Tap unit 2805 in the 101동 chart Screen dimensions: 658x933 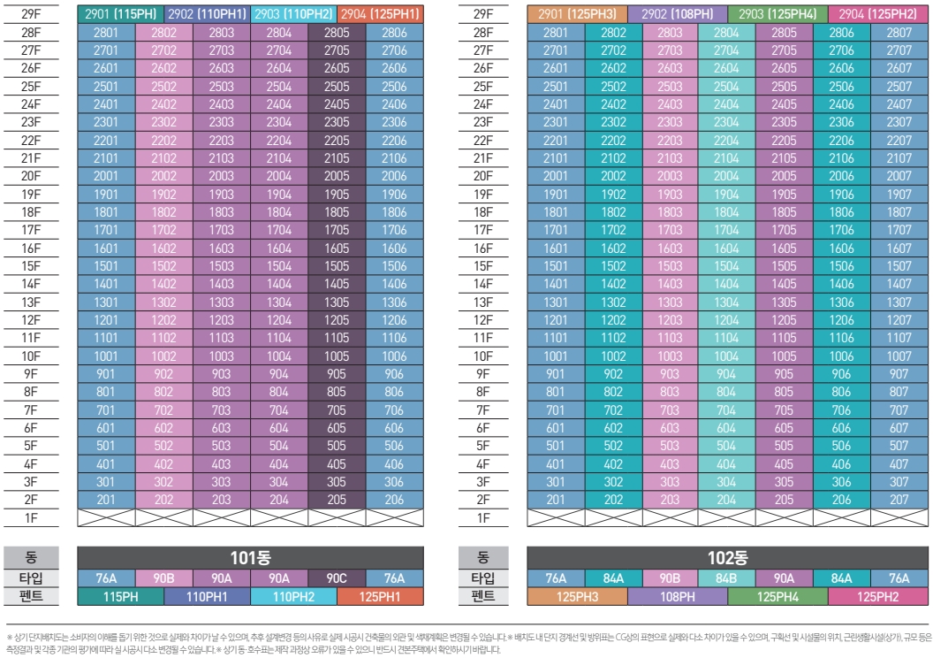pos(337,33)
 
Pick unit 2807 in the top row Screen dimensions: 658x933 pos(899,33)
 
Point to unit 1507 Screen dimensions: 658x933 pos(899,266)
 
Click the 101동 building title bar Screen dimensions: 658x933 pos(250,558)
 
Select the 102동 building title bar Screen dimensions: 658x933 pos(727,558)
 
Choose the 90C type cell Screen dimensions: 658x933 pos(337,578)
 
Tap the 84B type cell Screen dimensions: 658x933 pos(727,578)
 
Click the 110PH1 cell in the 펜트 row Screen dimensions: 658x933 pos(208,597)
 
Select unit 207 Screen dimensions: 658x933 pos(899,500)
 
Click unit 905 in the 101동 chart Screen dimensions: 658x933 pos(337,374)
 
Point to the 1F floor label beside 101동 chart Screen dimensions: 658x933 pos(31,518)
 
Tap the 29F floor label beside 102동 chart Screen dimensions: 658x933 pos(483,14)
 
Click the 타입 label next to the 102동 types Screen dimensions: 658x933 pos(483,578)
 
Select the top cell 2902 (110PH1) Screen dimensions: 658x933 pos(208,14)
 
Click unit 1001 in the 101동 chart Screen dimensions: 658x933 pos(107,356)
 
